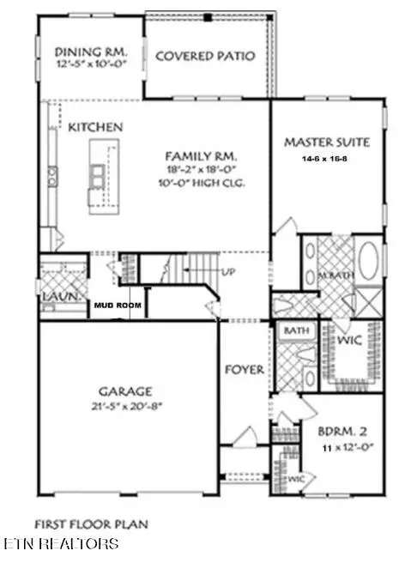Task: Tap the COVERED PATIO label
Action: coord(205,58)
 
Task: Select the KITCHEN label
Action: coord(96,127)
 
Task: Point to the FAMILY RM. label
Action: coord(201,156)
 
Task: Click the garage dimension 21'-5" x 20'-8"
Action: coord(124,406)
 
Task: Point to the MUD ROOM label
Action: coord(112,304)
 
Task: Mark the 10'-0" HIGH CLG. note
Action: coord(201,184)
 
